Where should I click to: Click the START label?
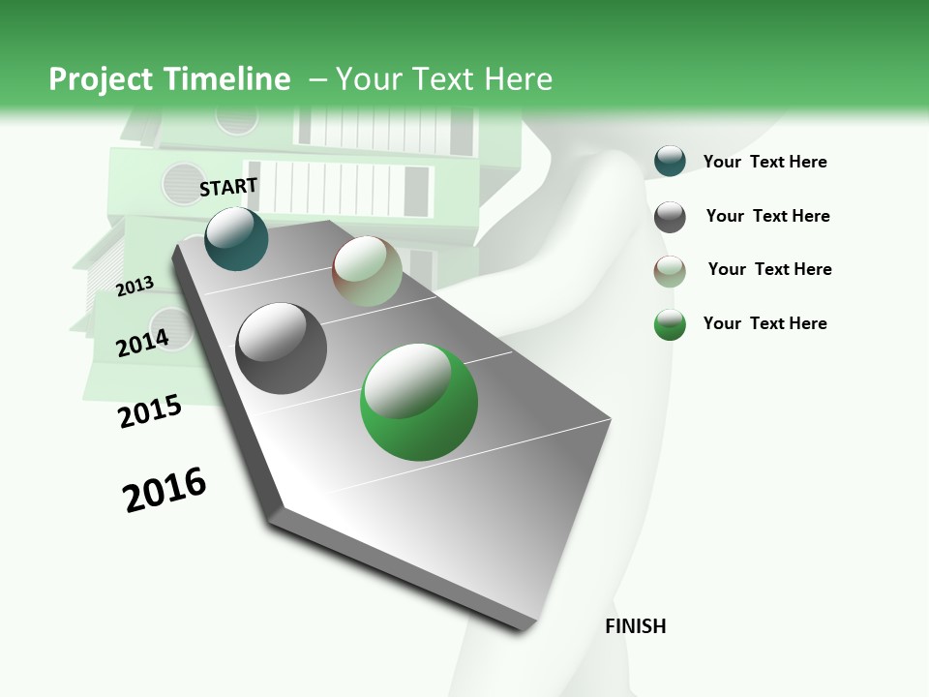(228, 187)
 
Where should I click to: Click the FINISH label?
(635, 626)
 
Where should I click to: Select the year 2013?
(135, 286)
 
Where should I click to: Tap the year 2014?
(142, 342)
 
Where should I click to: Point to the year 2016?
(165, 490)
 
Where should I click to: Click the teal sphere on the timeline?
(236, 238)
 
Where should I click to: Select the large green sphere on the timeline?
(419, 402)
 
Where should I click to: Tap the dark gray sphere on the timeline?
(282, 348)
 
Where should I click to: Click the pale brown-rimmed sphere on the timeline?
(367, 272)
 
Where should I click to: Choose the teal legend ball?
(670, 161)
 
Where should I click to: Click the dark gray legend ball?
(670, 217)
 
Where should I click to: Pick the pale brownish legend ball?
(670, 271)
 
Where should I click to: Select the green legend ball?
(670, 324)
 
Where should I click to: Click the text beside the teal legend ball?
(764, 162)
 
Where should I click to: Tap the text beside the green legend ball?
(764, 323)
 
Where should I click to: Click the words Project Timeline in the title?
(169, 79)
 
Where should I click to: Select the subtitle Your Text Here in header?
(443, 79)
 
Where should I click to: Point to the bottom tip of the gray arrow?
(523, 627)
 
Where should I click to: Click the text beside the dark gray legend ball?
(767, 216)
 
